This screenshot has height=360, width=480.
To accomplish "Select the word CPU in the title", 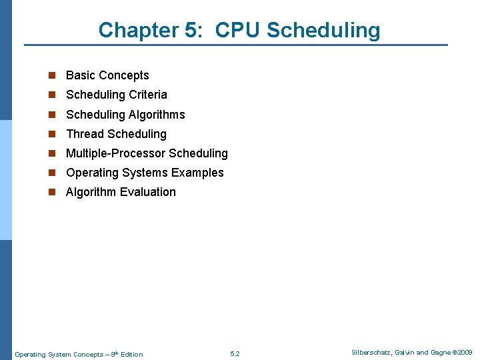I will [239, 30].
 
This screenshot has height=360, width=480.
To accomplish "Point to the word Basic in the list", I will [80, 75].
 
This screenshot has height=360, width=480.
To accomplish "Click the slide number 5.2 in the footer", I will [235, 354].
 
